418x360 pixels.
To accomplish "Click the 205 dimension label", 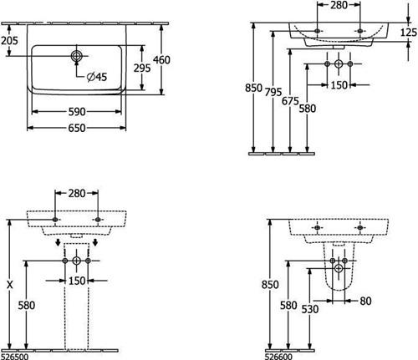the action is point(9,41).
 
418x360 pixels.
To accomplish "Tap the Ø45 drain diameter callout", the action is point(97,77).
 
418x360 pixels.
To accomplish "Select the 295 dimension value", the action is point(142,68).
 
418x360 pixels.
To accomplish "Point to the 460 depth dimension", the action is point(161,60).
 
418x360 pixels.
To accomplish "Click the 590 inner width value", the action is point(77,112).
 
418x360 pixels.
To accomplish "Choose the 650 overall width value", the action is point(77,128).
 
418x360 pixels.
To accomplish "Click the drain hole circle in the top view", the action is point(76,56).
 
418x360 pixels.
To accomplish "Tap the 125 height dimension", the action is point(409,33).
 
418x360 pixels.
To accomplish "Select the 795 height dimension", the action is point(273,92).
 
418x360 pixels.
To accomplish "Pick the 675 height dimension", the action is point(290,101).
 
